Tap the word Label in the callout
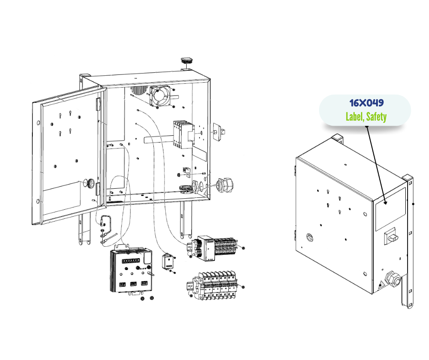tap(354, 116)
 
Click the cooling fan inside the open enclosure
tap(160, 95)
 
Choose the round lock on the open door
tap(91, 184)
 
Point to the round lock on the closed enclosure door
tap(310, 237)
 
